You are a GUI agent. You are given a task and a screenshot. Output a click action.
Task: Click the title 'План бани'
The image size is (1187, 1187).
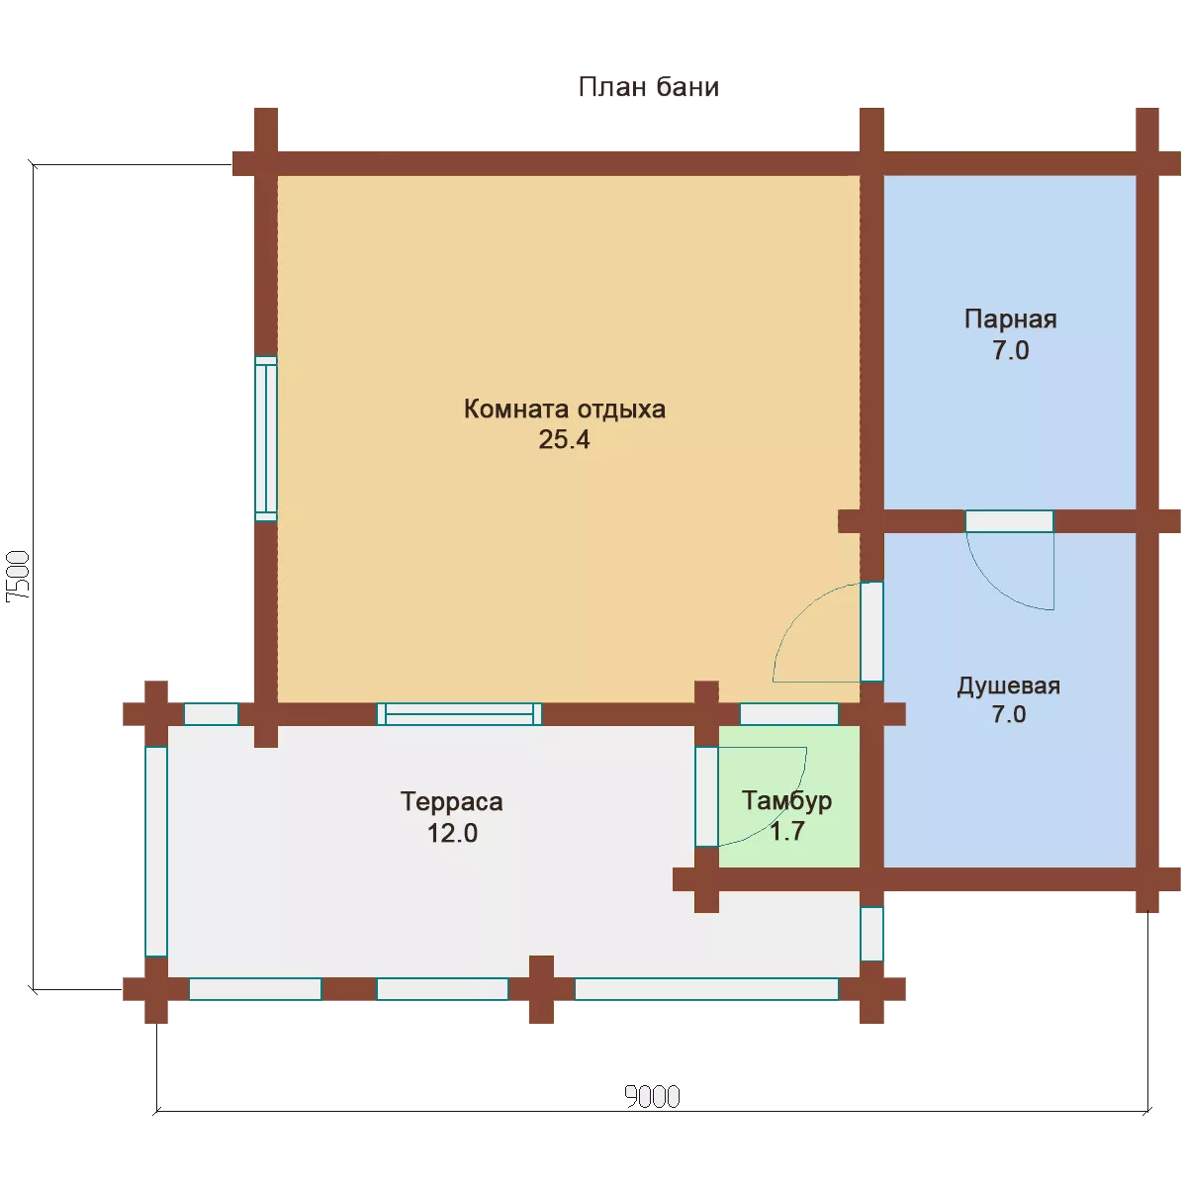pyautogui.click(x=648, y=87)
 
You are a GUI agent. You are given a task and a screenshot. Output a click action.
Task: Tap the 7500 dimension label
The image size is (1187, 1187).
pyautogui.click(x=17, y=577)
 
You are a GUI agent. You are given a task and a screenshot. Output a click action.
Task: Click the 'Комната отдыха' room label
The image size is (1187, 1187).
pyautogui.click(x=564, y=409)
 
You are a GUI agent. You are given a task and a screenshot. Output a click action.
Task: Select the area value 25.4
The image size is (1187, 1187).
pyautogui.click(x=564, y=440)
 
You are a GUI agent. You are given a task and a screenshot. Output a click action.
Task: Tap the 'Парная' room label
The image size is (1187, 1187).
pyautogui.click(x=1010, y=320)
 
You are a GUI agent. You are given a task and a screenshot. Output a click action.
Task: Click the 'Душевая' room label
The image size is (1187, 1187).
pyautogui.click(x=1008, y=685)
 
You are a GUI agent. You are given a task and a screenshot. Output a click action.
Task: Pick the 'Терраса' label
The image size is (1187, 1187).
pyautogui.click(x=451, y=801)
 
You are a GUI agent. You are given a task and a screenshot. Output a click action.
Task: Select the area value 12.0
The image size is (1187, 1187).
pyautogui.click(x=452, y=834)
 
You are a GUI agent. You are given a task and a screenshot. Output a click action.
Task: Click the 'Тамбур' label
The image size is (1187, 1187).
pyautogui.click(x=786, y=800)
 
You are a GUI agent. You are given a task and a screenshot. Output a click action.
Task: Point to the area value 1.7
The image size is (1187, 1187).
pyautogui.click(x=787, y=831)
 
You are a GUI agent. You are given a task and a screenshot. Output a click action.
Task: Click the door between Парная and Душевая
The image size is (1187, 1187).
pyautogui.click(x=1009, y=521)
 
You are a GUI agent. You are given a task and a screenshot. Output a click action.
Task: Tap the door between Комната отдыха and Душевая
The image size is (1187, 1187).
pyautogui.click(x=871, y=631)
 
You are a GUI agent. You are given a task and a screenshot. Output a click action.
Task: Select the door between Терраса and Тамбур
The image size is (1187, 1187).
pyautogui.click(x=706, y=796)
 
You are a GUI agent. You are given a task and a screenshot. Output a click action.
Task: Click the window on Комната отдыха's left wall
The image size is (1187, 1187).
pyautogui.click(x=266, y=438)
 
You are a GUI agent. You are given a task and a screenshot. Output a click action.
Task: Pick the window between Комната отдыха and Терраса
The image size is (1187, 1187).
pyautogui.click(x=459, y=714)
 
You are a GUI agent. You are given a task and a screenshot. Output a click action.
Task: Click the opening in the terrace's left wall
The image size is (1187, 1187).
pyautogui.click(x=156, y=852)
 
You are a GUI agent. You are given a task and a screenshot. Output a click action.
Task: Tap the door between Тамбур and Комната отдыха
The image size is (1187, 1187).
pyautogui.click(x=788, y=714)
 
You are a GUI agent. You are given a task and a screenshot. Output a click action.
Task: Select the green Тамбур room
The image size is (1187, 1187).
pyautogui.click(x=789, y=796)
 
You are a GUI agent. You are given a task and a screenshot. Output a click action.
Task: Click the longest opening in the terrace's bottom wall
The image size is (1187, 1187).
pyautogui.click(x=706, y=989)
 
